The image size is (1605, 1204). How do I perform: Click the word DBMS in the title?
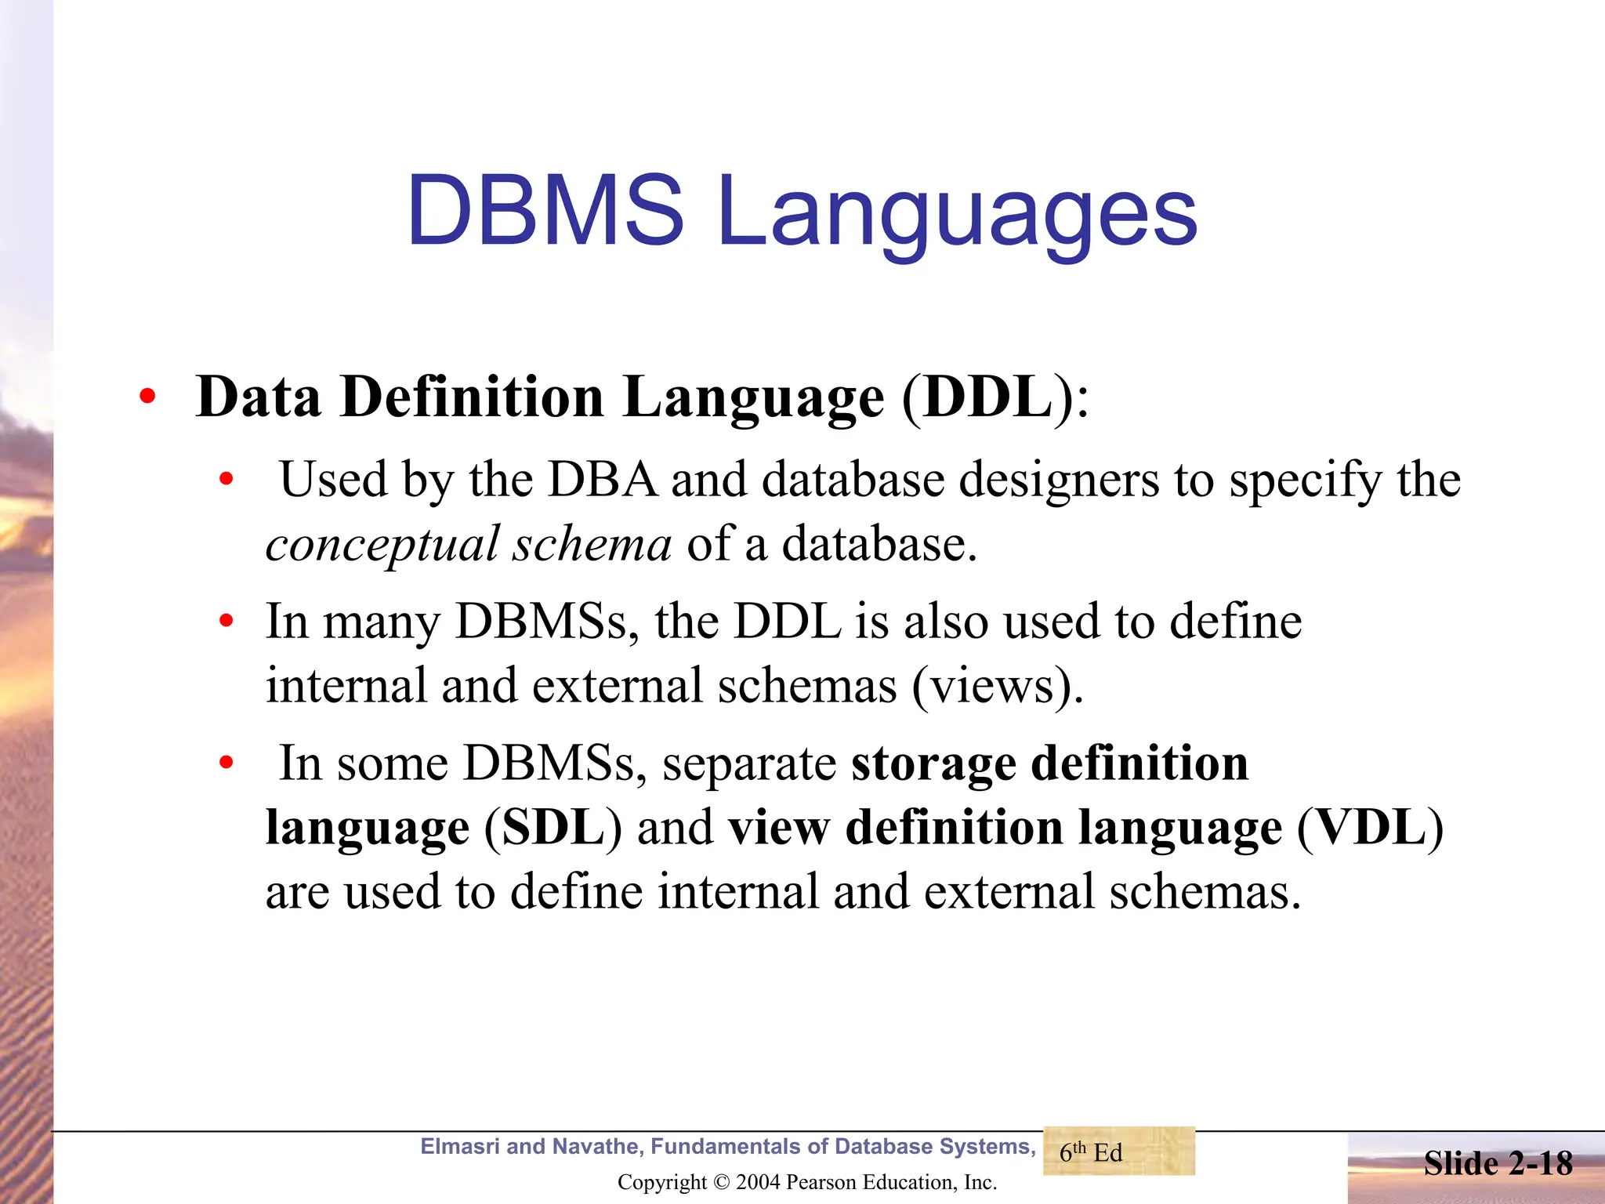[545, 210]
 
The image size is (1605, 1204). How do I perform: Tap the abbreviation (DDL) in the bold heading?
[987, 397]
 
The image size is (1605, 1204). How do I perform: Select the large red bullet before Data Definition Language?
[147, 397]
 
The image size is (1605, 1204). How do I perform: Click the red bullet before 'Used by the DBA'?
[226, 479]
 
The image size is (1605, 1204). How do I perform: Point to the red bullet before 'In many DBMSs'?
[226, 622]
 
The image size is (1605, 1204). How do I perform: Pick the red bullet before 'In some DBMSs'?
[226, 763]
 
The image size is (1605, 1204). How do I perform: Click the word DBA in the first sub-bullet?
[602, 479]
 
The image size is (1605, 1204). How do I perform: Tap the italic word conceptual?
[382, 545]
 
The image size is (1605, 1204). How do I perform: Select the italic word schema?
[592, 543]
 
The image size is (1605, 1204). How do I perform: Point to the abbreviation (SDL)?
[553, 828]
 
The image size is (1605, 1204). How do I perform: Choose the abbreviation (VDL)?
[1370, 828]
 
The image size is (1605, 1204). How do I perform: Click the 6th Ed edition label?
[1091, 1152]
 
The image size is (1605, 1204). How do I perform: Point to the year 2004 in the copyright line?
[758, 1182]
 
